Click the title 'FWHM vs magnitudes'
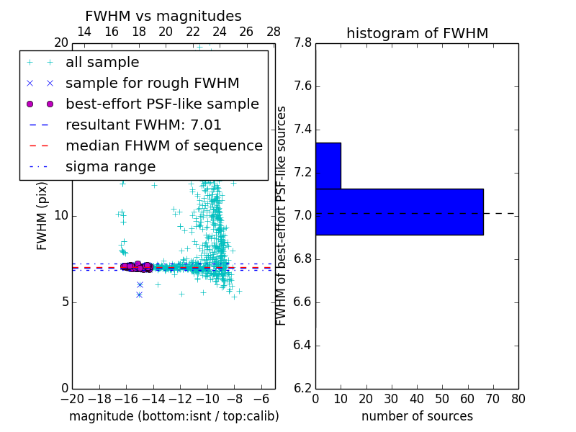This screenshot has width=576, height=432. point(163,17)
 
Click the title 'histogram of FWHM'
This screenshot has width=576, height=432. point(417,33)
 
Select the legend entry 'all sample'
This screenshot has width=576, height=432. point(102,63)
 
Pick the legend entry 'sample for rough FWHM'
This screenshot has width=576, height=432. point(152,83)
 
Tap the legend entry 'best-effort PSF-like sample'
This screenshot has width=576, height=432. point(162,104)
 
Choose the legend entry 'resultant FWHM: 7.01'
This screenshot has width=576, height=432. point(143,125)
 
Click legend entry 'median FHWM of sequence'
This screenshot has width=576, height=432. point(163,145)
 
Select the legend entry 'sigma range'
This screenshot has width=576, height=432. point(110,167)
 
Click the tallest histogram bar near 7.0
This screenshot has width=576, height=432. point(399,212)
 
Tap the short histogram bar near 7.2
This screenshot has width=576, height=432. point(328,166)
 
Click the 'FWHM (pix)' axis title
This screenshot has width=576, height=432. point(42,216)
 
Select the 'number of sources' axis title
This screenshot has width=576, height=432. point(417,416)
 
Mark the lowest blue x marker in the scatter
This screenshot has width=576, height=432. point(139,294)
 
